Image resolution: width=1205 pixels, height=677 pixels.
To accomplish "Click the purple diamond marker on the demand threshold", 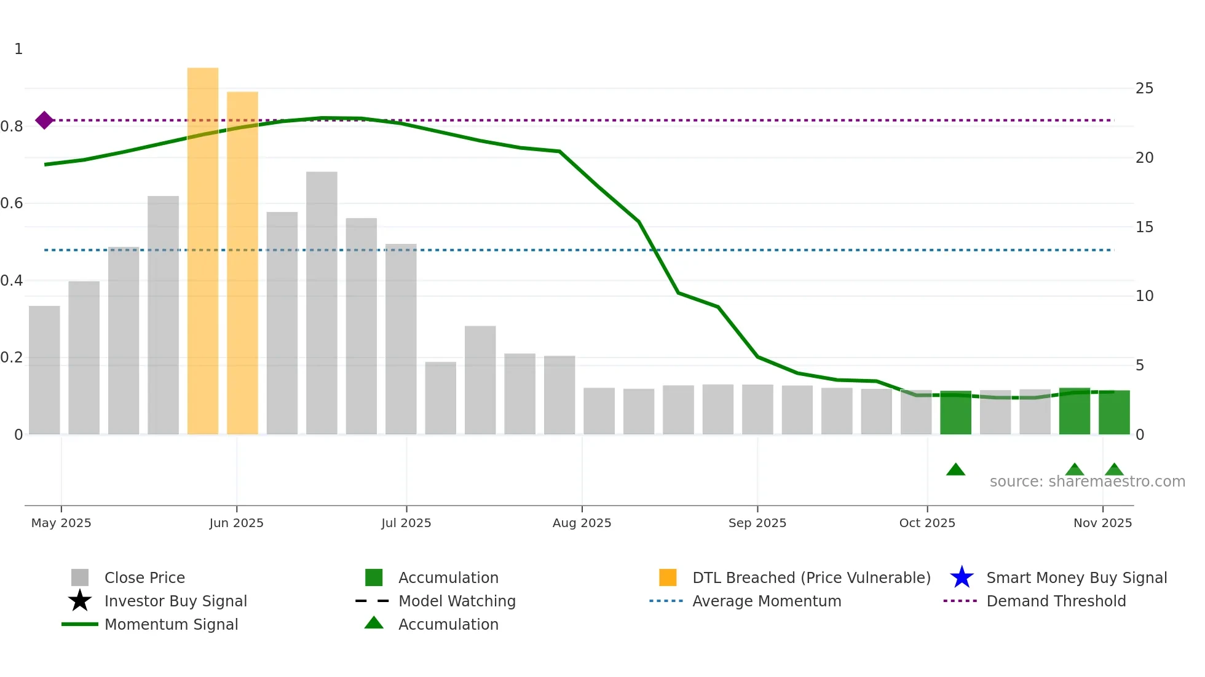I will tap(44, 120).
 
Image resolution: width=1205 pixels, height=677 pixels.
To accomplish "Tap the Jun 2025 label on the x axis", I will tap(236, 523).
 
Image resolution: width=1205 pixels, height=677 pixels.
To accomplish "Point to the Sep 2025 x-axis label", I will tap(757, 523).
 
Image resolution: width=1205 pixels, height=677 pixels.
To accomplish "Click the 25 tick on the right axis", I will tap(1144, 88).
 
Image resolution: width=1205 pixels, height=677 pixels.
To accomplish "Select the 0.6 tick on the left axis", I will tap(12, 203).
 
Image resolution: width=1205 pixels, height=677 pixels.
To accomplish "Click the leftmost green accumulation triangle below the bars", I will tap(955, 470).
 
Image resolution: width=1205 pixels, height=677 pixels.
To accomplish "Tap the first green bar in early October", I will tap(955, 413).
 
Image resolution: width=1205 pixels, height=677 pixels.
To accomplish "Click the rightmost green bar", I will tap(1114, 413).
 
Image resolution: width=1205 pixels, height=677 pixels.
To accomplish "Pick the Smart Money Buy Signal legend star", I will tap(962, 577).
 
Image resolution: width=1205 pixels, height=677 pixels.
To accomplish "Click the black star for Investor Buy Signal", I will tap(80, 601).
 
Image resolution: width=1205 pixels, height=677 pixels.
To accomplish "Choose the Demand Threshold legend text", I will tap(1056, 601).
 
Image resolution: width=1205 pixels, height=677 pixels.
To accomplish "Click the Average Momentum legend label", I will tap(767, 601).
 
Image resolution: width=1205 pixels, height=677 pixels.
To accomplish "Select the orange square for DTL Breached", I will tap(668, 577).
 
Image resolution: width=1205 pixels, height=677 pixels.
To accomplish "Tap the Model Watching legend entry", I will tap(457, 601).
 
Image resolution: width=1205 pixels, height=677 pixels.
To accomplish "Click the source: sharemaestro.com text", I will tap(1087, 482).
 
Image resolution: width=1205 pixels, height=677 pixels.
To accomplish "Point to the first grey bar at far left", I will tap(44, 370).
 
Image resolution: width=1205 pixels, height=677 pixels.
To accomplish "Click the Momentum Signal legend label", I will tap(171, 624).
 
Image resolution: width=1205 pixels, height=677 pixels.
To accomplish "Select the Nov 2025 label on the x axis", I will tap(1102, 523).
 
